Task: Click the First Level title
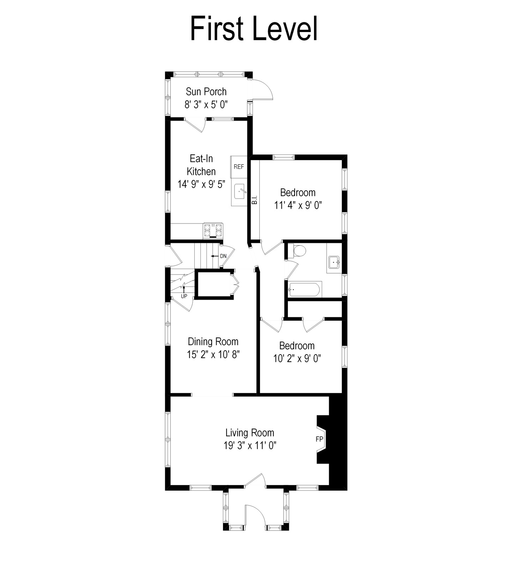click(x=254, y=29)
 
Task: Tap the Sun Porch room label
click(x=206, y=92)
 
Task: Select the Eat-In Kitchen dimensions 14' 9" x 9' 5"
click(x=201, y=184)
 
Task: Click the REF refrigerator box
click(x=239, y=167)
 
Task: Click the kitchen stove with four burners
click(x=213, y=231)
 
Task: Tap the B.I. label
click(x=254, y=200)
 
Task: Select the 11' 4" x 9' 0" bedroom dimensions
click(x=298, y=205)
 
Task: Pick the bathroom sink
click(x=334, y=262)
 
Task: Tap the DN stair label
click(x=223, y=256)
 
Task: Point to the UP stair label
click(x=184, y=296)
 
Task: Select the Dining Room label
click(x=213, y=342)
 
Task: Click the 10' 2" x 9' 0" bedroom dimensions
click(x=297, y=358)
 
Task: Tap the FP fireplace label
click(x=319, y=439)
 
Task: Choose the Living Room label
click(x=250, y=433)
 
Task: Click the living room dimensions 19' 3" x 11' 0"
click(x=250, y=446)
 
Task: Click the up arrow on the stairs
click(x=184, y=288)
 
